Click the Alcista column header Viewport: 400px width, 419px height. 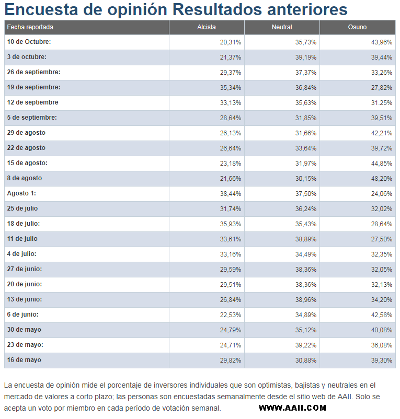(x=207, y=27)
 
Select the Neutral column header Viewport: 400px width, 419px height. (x=282, y=27)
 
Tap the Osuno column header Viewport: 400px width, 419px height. (x=358, y=27)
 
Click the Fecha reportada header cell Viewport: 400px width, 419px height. (x=30, y=27)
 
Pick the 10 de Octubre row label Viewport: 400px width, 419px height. (x=29, y=42)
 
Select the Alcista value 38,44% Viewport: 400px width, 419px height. (x=231, y=194)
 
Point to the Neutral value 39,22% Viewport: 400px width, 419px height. (x=306, y=345)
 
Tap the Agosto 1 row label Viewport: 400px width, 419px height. (x=21, y=193)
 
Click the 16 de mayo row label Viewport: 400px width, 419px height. (x=24, y=360)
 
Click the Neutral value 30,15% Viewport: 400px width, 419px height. (x=306, y=179)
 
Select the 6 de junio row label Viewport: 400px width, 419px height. (x=23, y=315)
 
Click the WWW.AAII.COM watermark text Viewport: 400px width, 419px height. (x=292, y=408)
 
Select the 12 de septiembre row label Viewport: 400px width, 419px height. (x=32, y=102)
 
